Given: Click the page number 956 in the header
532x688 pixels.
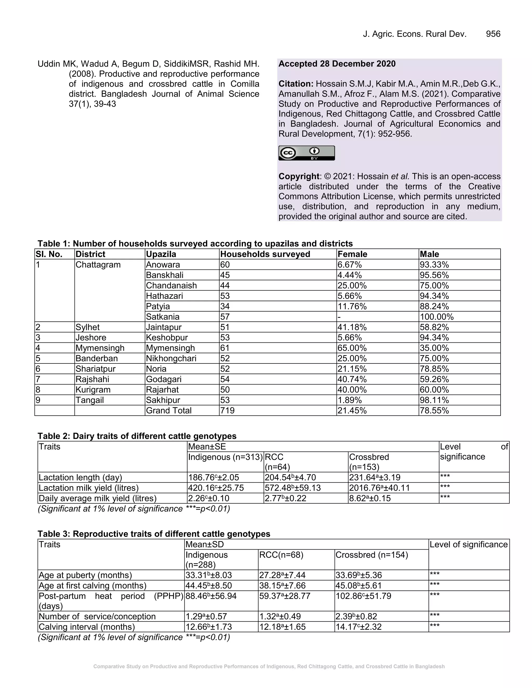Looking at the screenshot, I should [x=493, y=34].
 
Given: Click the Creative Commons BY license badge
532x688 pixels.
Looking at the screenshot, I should [x=306, y=153].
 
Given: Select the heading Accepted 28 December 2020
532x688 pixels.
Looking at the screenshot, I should [x=337, y=64].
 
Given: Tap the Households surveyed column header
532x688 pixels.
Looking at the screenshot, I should [x=265, y=254].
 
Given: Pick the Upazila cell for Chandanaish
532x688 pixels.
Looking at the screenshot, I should [x=171, y=285].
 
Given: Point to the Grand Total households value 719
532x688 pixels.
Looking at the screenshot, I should [x=227, y=410].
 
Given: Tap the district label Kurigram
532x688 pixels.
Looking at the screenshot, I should [x=93, y=390].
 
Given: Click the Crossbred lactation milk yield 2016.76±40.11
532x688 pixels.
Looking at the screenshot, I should [x=379, y=488].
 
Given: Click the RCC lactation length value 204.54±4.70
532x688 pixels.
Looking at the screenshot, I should [x=290, y=477].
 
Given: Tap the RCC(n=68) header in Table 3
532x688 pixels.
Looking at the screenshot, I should [x=281, y=555].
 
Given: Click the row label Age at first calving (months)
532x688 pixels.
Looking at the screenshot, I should [x=92, y=586].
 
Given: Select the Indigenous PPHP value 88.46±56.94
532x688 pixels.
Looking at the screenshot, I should [x=211, y=596].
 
